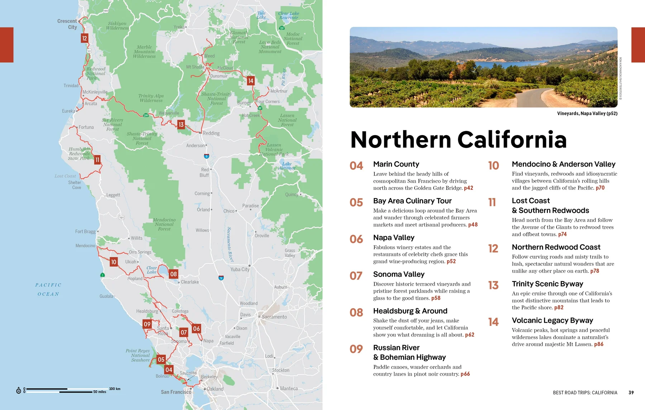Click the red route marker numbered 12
tap(85, 38)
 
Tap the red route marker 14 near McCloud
tap(251, 81)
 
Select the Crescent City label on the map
tap(67, 24)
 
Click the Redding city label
tap(211, 133)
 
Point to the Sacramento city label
tap(274, 317)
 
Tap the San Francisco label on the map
tap(176, 392)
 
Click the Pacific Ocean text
tap(48, 289)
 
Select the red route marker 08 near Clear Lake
tap(173, 274)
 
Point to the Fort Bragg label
tap(85, 232)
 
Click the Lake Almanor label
tap(287, 166)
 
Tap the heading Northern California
tap(458, 140)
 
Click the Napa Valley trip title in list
tap(393, 238)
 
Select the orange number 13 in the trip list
tap(493, 285)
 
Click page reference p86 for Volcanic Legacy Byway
tap(598, 344)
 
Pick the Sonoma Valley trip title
tap(398, 274)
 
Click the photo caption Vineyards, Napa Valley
tap(587, 114)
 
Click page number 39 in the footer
tap(631, 393)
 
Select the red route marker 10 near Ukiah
tap(114, 262)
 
